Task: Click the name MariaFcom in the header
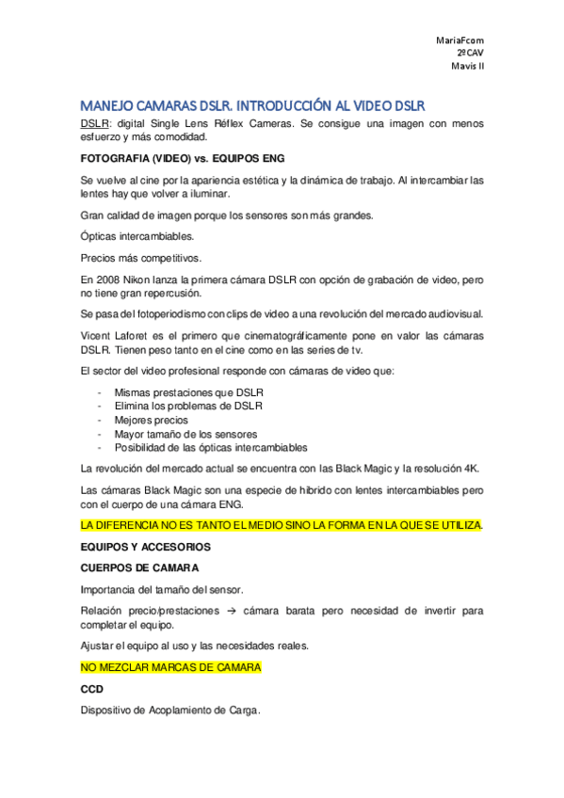click(x=460, y=40)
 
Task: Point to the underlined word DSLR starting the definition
click(x=93, y=123)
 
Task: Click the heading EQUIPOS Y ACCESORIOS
click(x=144, y=545)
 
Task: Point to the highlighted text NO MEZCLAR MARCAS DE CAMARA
click(x=170, y=667)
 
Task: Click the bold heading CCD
click(x=92, y=689)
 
